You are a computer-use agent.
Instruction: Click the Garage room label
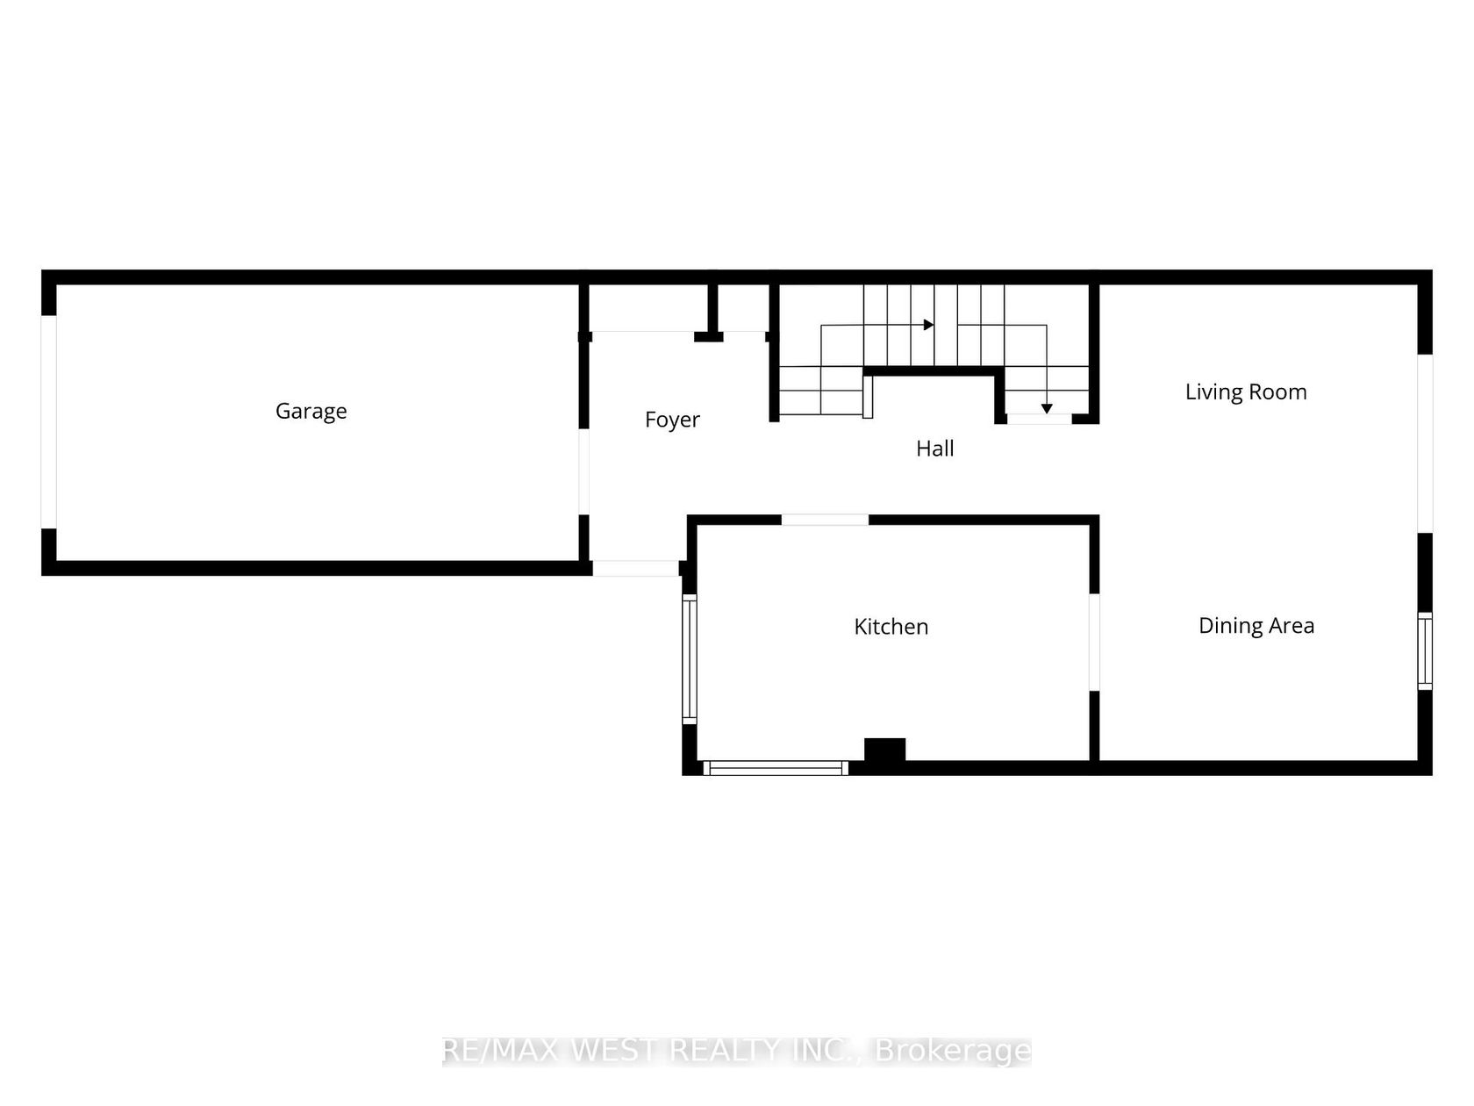[x=311, y=411]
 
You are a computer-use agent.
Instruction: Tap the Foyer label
[x=672, y=420]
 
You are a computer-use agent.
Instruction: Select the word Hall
[x=934, y=448]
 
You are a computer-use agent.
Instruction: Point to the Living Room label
[x=1246, y=391]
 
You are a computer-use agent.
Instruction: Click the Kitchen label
[x=891, y=627]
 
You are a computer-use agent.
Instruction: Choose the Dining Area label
[x=1256, y=625]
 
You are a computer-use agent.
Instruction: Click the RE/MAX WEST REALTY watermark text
[x=737, y=1051]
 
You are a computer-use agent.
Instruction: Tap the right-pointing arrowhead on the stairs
[x=929, y=325]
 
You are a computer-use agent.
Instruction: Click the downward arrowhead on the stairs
[x=1046, y=408]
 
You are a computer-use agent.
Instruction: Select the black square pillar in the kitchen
[x=884, y=750]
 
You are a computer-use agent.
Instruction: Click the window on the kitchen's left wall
[x=689, y=658]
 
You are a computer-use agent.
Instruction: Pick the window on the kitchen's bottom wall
[x=776, y=767]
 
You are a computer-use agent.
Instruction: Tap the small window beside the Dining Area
[x=1424, y=650]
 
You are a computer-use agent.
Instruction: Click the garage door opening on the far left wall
[x=48, y=421]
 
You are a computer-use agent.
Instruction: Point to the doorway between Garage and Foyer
[x=583, y=472]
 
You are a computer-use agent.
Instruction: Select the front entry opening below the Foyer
[x=635, y=568]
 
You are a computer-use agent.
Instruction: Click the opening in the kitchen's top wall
[x=825, y=520]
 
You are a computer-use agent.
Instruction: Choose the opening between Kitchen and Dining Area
[x=1094, y=642]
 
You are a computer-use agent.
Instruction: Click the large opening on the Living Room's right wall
[x=1425, y=443]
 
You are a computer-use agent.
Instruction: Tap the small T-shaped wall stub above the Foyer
[x=711, y=313]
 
